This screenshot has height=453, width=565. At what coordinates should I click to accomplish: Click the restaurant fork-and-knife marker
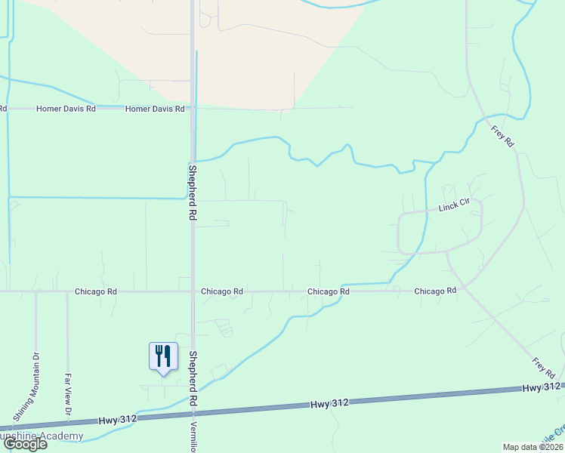[x=163, y=357]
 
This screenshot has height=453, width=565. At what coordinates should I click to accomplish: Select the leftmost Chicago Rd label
[x=96, y=291]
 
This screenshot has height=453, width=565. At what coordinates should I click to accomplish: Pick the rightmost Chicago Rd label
[x=436, y=291]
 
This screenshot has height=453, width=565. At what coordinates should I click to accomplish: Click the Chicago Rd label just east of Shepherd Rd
[x=222, y=291]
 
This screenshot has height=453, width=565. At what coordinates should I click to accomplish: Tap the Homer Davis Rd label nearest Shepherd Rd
[x=155, y=109]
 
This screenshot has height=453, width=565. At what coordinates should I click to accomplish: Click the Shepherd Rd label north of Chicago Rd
[x=193, y=192]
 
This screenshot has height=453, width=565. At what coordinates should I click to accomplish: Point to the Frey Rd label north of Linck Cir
[x=503, y=136]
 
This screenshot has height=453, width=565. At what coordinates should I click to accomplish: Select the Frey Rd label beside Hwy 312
[x=544, y=368]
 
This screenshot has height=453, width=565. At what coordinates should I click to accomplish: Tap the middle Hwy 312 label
[x=331, y=404]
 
